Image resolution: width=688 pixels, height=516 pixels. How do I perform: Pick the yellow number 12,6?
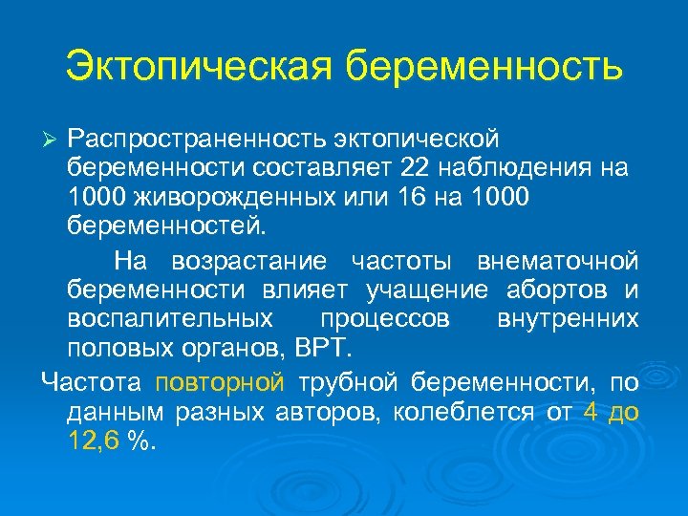[95, 441]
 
